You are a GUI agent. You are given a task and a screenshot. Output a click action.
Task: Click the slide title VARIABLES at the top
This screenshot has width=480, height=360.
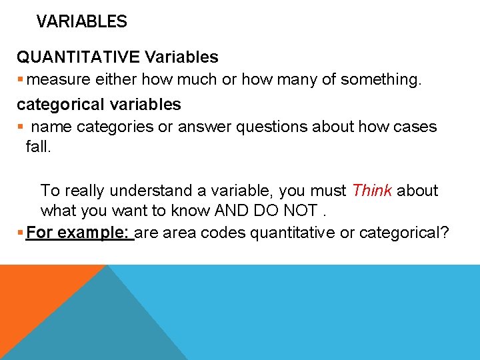[x=81, y=21]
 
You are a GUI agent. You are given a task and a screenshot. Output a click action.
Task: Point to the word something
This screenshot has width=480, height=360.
[x=381, y=79]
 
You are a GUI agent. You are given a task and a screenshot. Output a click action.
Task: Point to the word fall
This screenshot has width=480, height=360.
[x=38, y=145]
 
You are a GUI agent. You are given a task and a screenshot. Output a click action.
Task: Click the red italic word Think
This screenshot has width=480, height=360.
[x=372, y=191]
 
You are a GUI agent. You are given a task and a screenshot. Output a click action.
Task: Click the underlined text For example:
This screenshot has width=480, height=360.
[x=79, y=233]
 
